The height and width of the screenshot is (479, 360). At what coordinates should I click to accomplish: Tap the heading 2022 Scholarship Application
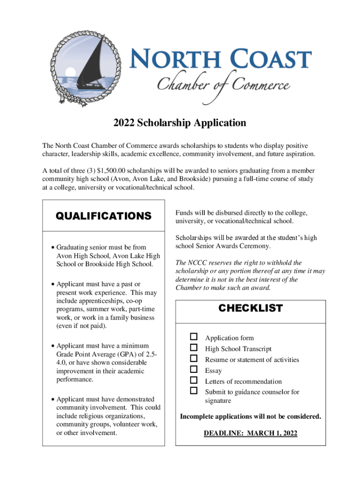click(x=180, y=123)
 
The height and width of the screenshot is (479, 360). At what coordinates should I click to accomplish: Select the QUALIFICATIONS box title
click(x=103, y=216)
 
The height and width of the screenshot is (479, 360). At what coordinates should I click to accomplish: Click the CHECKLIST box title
click(x=250, y=308)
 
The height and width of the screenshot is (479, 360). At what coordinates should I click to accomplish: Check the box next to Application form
click(x=194, y=337)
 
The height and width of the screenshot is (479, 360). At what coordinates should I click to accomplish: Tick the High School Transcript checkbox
click(x=194, y=348)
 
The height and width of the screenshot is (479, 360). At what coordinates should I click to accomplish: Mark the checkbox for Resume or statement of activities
click(x=194, y=359)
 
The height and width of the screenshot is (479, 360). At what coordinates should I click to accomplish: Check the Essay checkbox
click(x=194, y=370)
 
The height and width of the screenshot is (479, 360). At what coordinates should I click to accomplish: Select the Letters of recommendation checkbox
click(x=194, y=380)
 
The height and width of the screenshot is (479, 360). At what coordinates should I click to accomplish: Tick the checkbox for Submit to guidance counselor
click(x=194, y=391)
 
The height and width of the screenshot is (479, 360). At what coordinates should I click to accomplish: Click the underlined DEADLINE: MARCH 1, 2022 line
click(x=250, y=433)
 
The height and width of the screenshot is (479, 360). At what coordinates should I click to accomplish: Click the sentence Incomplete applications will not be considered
click(x=250, y=416)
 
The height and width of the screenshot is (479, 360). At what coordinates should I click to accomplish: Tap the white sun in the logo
click(x=71, y=71)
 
